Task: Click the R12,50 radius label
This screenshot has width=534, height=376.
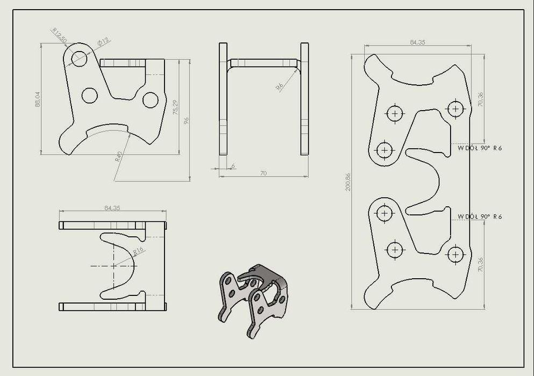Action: (59, 35)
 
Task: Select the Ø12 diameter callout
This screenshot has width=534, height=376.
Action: (103, 41)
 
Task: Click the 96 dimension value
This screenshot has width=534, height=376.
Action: (187, 120)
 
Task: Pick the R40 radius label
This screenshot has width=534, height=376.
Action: (118, 157)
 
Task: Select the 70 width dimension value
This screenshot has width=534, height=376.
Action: (264, 173)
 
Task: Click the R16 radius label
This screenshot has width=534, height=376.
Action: (138, 251)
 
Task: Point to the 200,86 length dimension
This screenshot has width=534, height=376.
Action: (348, 182)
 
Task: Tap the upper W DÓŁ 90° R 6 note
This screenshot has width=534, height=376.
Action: (480, 148)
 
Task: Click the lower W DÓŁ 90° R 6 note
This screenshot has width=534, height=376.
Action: (480, 216)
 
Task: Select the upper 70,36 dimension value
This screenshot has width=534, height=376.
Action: (480, 99)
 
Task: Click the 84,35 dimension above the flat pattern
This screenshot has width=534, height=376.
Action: (417, 42)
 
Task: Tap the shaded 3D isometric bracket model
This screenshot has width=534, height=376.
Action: (253, 298)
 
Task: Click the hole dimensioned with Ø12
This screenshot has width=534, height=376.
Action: (79, 58)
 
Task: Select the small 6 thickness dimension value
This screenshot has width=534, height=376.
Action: (233, 167)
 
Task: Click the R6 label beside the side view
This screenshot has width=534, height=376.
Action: (279, 86)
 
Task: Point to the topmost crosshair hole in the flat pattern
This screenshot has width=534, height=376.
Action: (456, 109)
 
